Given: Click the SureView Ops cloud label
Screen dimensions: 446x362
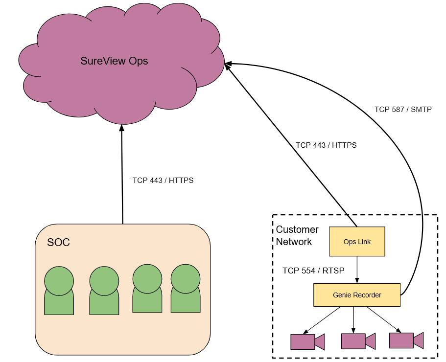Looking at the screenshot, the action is [x=114, y=61].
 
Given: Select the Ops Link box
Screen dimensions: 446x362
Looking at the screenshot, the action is [x=357, y=242].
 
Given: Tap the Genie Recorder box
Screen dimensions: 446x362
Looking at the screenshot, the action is [x=357, y=295].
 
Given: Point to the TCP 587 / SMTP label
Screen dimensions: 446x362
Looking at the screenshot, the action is [x=403, y=110].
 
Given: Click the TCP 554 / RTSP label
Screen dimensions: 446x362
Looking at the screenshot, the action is [x=313, y=271].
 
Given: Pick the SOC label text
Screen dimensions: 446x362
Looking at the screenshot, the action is [x=58, y=242].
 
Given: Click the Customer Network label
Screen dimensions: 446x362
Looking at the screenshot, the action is [x=297, y=236].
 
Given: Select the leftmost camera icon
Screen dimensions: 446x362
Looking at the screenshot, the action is [x=307, y=342].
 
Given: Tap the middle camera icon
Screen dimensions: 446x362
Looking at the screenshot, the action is [x=358, y=341].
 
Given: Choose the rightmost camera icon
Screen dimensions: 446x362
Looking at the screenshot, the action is [x=406, y=340].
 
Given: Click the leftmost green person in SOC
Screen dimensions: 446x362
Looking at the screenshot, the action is [x=59, y=291].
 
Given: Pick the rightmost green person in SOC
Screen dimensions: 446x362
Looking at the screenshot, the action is [x=186, y=289].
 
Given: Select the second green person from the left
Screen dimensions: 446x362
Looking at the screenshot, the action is [x=104, y=291].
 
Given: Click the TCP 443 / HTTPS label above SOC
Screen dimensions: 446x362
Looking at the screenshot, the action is [x=163, y=181].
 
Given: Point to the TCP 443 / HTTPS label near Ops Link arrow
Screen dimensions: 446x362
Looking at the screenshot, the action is [x=326, y=145].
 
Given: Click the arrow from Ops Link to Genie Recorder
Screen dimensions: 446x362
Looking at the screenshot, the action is [x=357, y=270].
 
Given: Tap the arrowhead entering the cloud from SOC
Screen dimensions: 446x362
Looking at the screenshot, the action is [x=122, y=128].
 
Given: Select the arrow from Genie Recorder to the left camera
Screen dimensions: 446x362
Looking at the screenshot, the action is [x=322, y=320].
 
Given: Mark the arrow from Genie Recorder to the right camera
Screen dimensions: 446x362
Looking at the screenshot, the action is [x=384, y=319].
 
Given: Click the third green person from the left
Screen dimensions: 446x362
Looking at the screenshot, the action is [x=147, y=289].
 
